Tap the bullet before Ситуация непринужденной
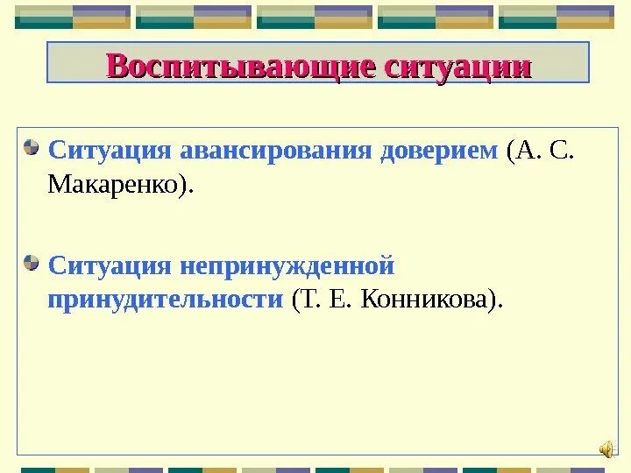[32, 262]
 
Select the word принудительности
[166, 300]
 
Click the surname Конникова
[434, 300]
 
